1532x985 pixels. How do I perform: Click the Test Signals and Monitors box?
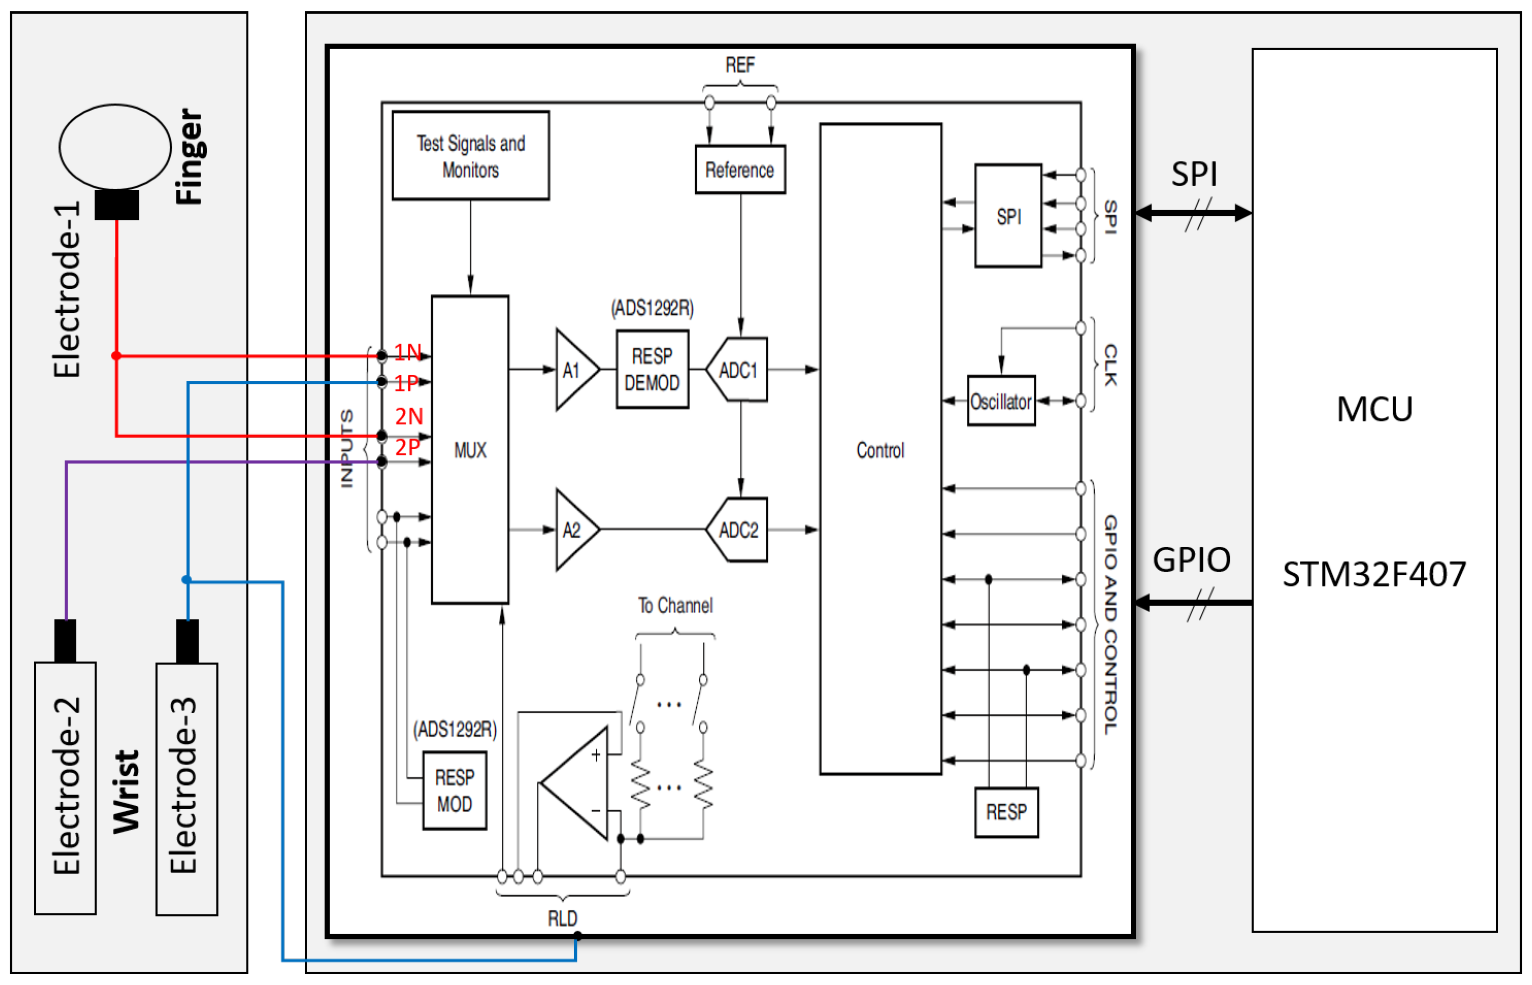click(x=470, y=155)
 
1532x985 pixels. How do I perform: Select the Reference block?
click(x=740, y=170)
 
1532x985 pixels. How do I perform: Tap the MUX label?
click(x=470, y=450)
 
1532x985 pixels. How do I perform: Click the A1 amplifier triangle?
click(x=574, y=370)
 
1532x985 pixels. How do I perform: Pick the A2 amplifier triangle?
click(x=574, y=530)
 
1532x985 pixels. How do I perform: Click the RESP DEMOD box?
click(x=652, y=370)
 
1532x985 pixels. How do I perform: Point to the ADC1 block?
click(x=738, y=370)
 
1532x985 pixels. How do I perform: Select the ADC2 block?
click(x=738, y=530)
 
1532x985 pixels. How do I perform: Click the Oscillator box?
click(x=1001, y=401)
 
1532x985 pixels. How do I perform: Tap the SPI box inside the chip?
click(x=1009, y=216)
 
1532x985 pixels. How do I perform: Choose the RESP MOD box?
click(x=455, y=791)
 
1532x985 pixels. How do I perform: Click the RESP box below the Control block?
click(x=1006, y=812)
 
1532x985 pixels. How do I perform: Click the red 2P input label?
click(x=407, y=447)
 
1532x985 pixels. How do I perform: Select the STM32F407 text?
click(x=1374, y=574)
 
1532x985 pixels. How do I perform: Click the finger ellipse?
click(x=115, y=147)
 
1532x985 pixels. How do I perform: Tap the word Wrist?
click(x=127, y=791)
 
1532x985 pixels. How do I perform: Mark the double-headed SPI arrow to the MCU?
click(x=1193, y=213)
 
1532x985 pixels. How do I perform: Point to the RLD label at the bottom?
click(x=562, y=918)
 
